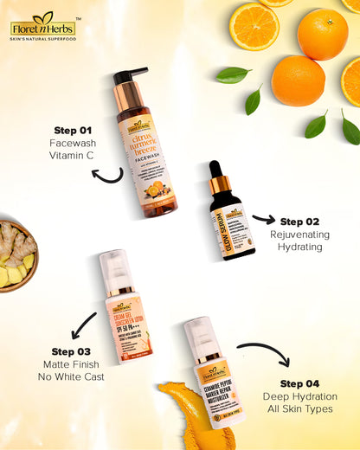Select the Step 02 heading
(299, 222)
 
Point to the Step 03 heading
(71, 351)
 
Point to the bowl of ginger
(16, 254)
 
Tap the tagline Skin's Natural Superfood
(42, 41)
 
